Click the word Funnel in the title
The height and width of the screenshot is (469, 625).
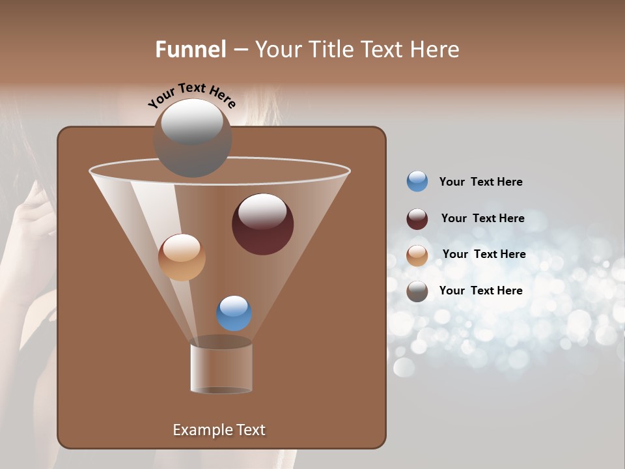[x=190, y=50]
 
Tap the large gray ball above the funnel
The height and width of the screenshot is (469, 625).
[x=193, y=137]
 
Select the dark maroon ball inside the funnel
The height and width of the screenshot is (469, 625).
[x=263, y=224]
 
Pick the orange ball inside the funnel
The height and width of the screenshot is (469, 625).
[x=182, y=257]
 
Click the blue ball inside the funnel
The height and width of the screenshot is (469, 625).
[x=234, y=313]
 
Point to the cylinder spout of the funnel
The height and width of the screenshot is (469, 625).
[x=221, y=367]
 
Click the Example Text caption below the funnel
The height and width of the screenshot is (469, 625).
[x=219, y=430]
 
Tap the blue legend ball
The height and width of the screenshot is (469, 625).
[x=417, y=181]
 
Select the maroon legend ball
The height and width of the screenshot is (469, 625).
[x=417, y=219]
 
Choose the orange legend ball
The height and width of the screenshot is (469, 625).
[x=417, y=255]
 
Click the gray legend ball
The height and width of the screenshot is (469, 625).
[x=417, y=291]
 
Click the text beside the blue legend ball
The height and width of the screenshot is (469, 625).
[x=480, y=182]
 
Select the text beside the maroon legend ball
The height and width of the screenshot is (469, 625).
[x=482, y=218]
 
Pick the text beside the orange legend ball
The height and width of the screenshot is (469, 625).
[x=484, y=254]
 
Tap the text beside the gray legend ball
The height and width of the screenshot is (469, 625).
[x=480, y=291]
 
